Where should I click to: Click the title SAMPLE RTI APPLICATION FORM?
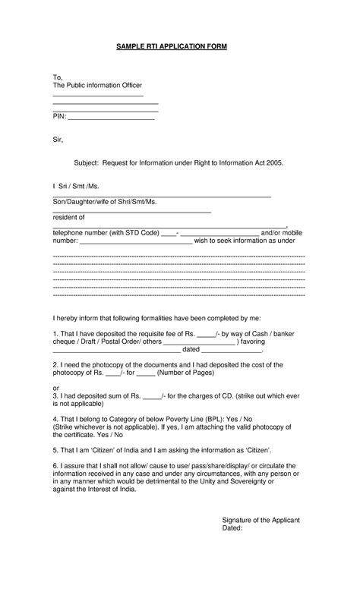pyautogui.click(x=172, y=46)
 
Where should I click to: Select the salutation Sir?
pyautogui.click(x=58, y=140)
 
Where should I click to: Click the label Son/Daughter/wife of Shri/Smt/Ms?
pyautogui.click(x=104, y=201)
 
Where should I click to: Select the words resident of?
pyautogui.click(x=68, y=217)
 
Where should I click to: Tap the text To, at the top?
pyautogui.click(x=57, y=77)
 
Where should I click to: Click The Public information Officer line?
pyautogui.click(x=96, y=86)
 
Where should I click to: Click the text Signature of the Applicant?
pyautogui.click(x=261, y=519)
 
